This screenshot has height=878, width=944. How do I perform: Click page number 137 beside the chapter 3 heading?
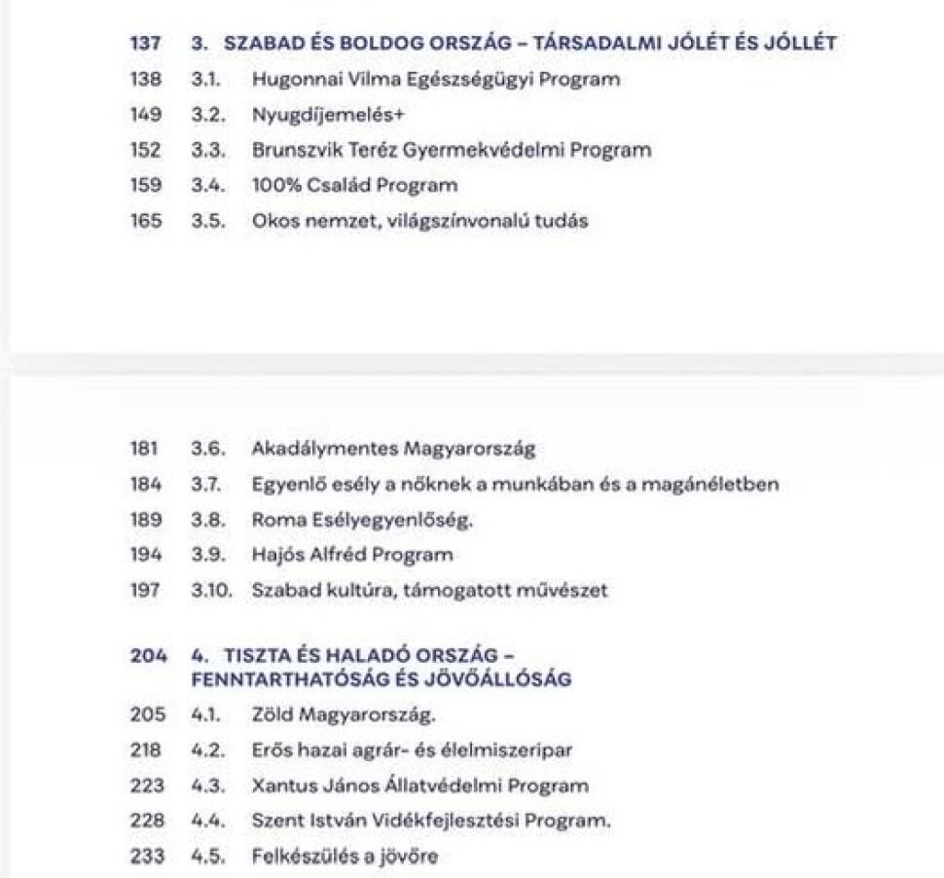[144, 44]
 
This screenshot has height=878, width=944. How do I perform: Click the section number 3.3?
[207, 150]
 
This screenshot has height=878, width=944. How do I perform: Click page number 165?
[144, 221]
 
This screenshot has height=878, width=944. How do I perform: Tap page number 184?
[144, 485]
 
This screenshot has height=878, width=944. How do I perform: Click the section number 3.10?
[211, 590]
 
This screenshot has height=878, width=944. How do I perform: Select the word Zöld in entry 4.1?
[272, 715]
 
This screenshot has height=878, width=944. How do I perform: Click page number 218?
[144, 750]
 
